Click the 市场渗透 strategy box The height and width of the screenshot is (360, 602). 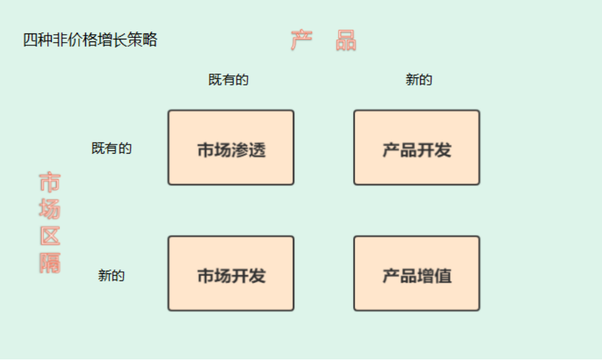coord(230,147)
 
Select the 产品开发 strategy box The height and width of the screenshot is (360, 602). coord(416,147)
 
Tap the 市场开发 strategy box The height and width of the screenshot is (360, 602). coord(230,273)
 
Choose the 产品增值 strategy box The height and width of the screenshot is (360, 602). coord(416,273)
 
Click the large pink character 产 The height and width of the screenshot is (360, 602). coord(301,41)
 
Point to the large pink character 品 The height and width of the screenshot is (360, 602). coord(345,41)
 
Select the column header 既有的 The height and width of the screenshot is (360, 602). coord(228,80)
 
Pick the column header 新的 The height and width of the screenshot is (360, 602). coord(419,80)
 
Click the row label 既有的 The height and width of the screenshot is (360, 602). coord(112,148)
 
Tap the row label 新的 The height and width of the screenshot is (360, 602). coord(112,276)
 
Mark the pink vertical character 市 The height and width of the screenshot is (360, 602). coord(49,183)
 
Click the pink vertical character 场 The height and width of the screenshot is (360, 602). coord(49,210)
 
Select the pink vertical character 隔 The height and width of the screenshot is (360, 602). coord(49,263)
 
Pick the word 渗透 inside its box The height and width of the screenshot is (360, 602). coord(248,150)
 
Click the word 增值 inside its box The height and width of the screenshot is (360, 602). coord(434,276)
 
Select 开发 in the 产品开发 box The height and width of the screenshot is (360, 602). coord(434,150)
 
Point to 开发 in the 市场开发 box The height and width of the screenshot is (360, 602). coord(248,276)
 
